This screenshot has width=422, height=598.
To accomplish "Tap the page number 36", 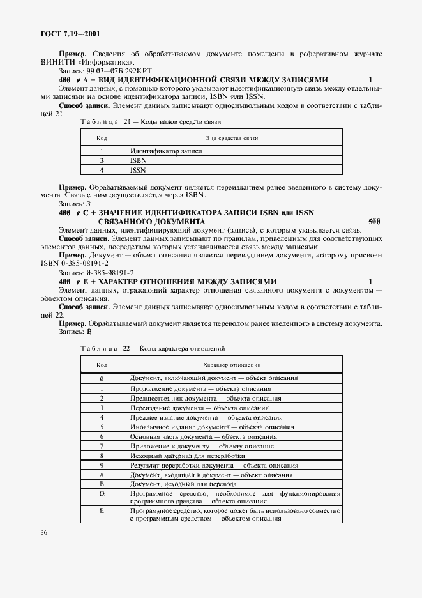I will (44, 532).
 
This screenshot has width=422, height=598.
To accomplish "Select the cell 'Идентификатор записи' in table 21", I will (166, 151).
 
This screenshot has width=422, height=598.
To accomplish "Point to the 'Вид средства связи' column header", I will (231, 137).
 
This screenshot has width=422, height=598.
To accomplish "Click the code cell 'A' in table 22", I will (102, 475).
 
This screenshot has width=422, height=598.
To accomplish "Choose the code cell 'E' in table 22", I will (102, 511).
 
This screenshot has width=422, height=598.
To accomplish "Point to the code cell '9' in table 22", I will (102, 465).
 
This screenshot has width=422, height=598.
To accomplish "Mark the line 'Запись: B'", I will (75, 332).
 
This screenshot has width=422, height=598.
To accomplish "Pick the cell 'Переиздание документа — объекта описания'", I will (205, 407).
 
